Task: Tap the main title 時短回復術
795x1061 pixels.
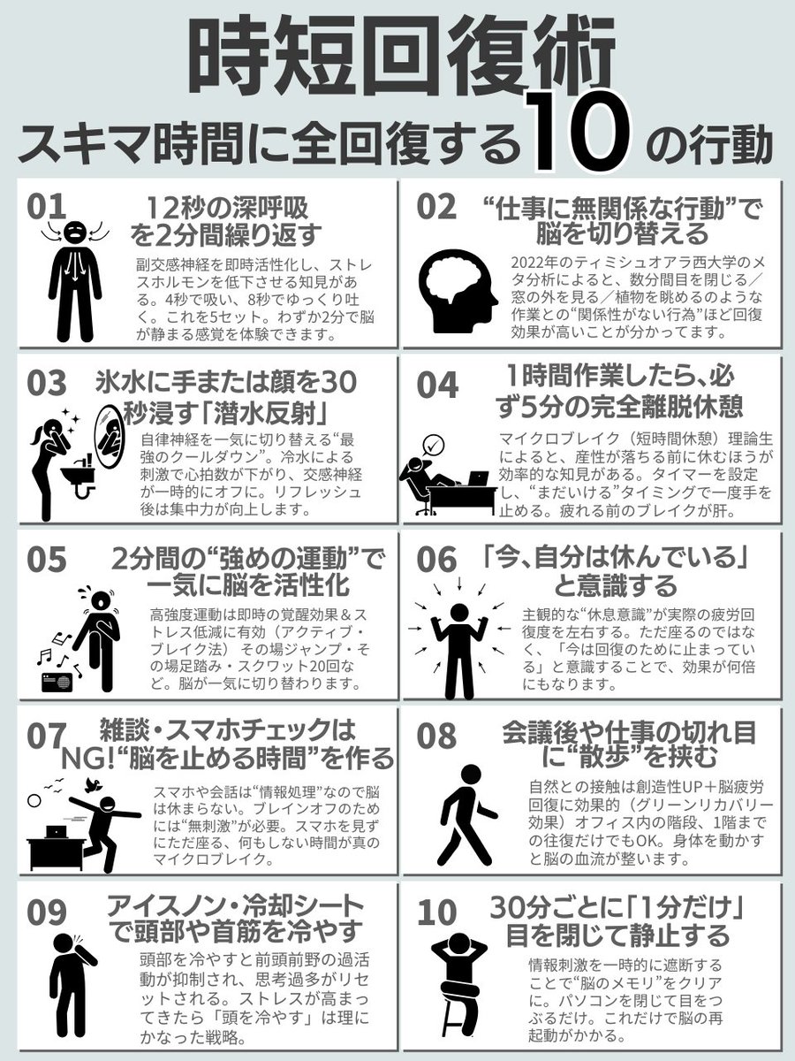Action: (401, 59)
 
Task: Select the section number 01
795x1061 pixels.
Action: (46, 206)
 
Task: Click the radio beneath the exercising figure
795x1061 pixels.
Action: (57, 683)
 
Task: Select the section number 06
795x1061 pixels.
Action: (436, 560)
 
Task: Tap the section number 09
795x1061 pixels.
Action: (46, 912)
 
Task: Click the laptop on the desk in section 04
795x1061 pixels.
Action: (479, 478)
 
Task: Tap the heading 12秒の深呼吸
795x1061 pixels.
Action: (227, 209)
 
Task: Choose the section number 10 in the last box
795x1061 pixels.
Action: (436, 912)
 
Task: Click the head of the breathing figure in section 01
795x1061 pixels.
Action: (75, 233)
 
